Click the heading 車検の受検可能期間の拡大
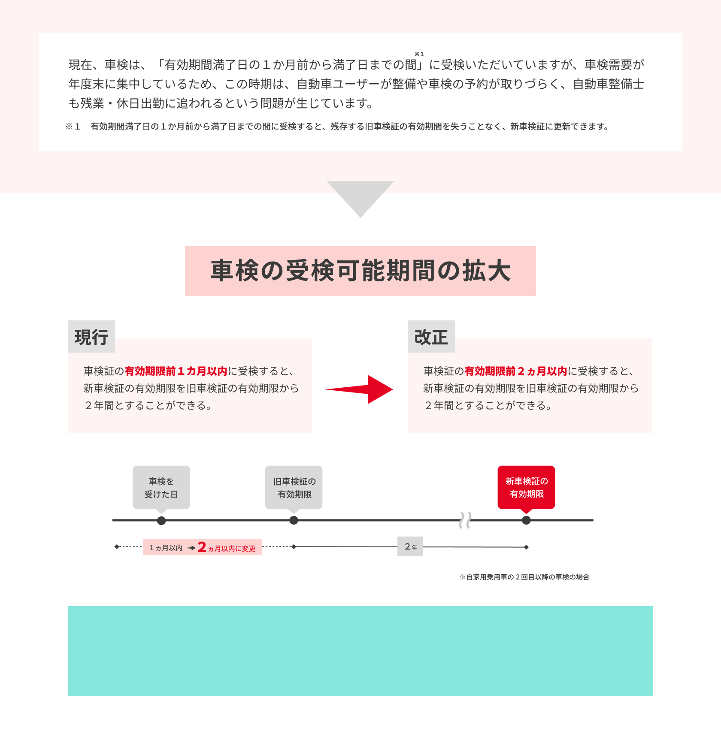point(360,271)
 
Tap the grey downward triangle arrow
point(360,199)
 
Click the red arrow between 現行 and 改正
point(359,389)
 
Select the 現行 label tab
point(91,337)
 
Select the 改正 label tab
point(431,337)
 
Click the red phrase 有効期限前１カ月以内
point(176,371)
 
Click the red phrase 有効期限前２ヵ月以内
point(516,371)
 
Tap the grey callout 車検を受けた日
point(161,488)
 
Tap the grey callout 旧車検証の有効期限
point(294,488)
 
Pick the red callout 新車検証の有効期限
point(527,488)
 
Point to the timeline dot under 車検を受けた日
point(161,521)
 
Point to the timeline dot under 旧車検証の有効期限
point(294,520)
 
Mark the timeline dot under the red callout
point(527,520)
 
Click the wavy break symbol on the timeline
point(465,520)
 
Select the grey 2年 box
point(410,546)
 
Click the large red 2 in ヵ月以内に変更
point(202,547)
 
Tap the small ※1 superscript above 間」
point(419,54)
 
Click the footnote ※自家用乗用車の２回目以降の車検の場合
point(524,577)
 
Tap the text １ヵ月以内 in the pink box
point(166,548)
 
